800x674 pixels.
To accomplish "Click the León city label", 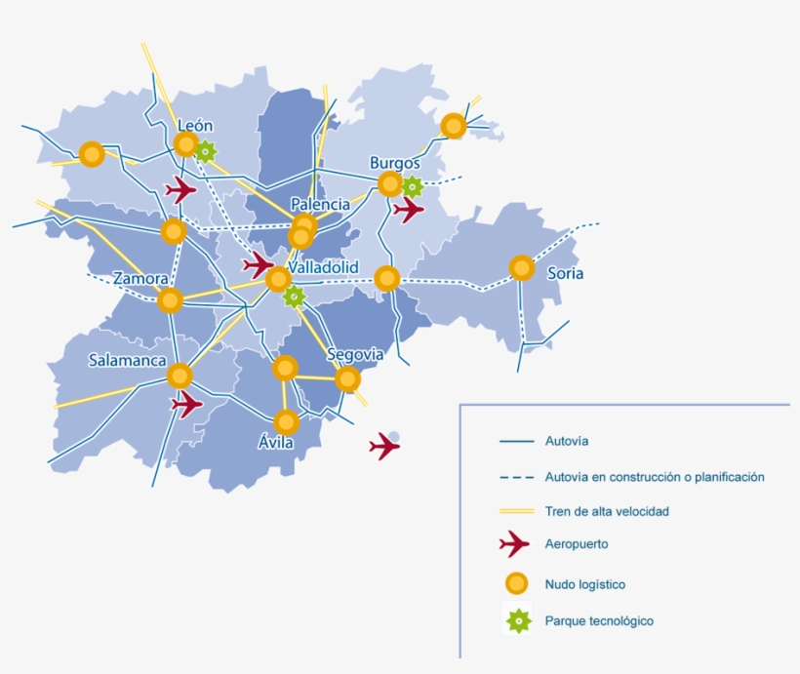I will point(195,126).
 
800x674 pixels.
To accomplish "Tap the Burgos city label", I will point(394,163).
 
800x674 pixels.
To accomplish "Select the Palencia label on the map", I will point(320,205).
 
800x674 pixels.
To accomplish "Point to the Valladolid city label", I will point(324,267).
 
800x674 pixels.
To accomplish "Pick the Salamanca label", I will point(128,360).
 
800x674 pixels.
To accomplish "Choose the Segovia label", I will point(355,354).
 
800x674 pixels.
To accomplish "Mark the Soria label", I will point(565,274).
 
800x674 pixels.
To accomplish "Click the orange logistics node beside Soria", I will point(522,267).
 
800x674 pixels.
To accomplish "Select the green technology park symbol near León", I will point(205,151).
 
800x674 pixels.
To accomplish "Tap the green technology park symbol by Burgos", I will point(413,186).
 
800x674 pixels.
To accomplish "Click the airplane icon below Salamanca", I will point(186,402).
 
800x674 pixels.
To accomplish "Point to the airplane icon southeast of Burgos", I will point(409,209).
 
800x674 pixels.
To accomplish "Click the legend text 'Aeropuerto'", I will point(578,544).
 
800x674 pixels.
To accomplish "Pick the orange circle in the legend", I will point(517,583).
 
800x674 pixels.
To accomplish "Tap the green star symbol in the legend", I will point(517,619).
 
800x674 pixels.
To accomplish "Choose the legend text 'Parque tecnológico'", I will point(599,620).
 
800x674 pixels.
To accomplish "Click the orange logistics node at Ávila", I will point(286,422).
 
